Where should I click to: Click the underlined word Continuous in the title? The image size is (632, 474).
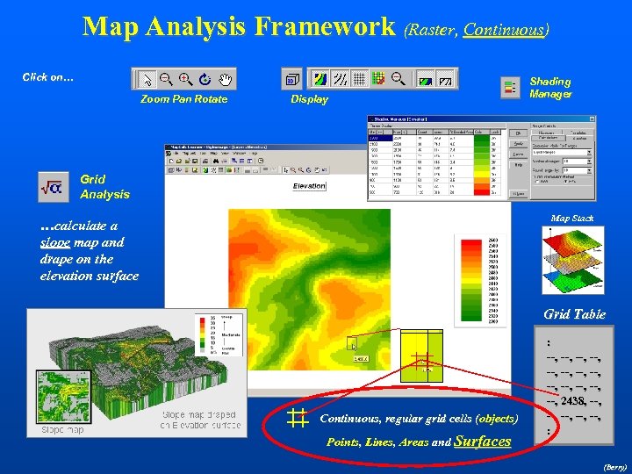point(504,30)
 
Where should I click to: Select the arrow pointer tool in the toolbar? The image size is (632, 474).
point(147,80)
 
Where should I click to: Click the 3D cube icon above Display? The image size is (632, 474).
point(291,81)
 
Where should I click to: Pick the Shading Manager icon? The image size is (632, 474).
point(509,87)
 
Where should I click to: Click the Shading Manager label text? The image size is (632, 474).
point(550,88)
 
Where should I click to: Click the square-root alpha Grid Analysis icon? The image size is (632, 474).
point(51,186)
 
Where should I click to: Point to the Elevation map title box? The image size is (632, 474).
point(309,186)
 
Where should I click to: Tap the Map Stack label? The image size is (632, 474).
point(572,218)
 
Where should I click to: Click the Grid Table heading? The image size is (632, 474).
point(574,314)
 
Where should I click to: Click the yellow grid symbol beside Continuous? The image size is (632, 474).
point(296,419)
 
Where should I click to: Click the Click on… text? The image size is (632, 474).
point(47,77)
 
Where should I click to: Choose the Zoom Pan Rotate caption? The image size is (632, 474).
point(183,99)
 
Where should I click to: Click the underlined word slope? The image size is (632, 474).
point(55,242)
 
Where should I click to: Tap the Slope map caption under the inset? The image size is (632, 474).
point(62,430)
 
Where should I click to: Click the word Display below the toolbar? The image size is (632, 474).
point(309,100)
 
